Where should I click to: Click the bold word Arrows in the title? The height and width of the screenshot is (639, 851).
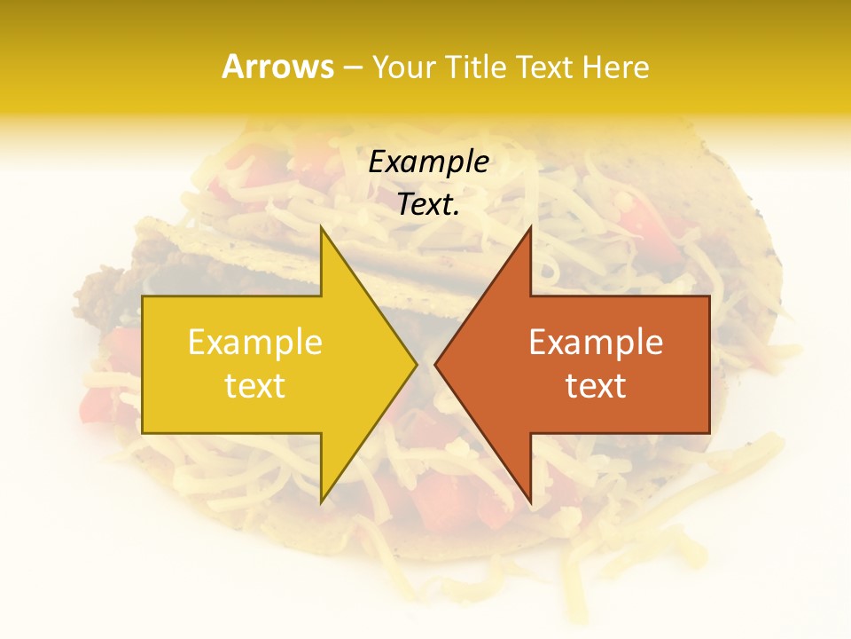(x=277, y=67)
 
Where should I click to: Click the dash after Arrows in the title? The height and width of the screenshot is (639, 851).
(x=352, y=67)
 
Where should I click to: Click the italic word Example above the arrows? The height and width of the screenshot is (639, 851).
(x=428, y=162)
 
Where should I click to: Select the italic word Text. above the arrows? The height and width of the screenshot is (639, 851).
(x=428, y=205)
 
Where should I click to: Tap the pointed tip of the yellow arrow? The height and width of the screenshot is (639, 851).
(x=416, y=364)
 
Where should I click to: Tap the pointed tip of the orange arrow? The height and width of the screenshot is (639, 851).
(x=435, y=364)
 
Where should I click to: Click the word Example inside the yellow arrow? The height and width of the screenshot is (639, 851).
(x=255, y=343)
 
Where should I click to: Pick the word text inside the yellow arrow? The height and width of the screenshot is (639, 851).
(x=255, y=386)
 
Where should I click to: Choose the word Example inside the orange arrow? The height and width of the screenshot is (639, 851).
(x=596, y=343)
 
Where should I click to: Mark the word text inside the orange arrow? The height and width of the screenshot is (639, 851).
(x=596, y=386)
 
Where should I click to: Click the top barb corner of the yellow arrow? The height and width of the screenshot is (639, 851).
(x=321, y=226)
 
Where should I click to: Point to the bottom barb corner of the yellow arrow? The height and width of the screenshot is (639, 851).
(x=321, y=502)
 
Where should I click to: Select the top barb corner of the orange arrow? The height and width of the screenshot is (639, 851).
(x=530, y=226)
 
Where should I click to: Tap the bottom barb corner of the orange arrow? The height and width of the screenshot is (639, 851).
(x=530, y=502)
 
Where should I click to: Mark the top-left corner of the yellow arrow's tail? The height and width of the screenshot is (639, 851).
(x=143, y=296)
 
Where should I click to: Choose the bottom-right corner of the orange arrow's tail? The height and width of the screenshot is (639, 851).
(x=709, y=433)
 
